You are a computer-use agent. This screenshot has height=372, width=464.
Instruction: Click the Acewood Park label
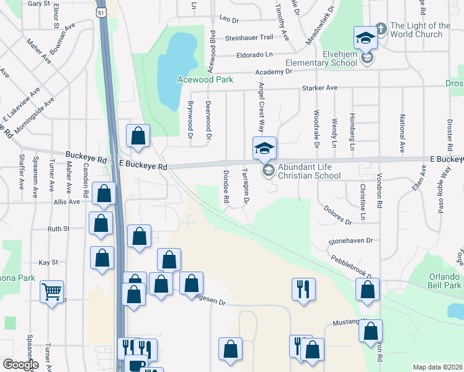click(x=205, y=79)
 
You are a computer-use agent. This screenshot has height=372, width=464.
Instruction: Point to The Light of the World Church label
click(x=420, y=30)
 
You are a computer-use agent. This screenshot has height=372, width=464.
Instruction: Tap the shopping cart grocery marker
click(x=52, y=290)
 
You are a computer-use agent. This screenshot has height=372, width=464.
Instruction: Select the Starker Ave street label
click(x=319, y=88)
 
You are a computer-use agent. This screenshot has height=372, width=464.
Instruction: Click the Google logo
click(x=20, y=365)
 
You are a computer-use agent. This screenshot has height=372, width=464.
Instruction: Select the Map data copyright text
click(x=438, y=367)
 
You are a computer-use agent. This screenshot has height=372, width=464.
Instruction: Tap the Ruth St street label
click(x=58, y=229)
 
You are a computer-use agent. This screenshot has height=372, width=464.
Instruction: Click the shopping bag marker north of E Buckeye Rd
click(x=138, y=136)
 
